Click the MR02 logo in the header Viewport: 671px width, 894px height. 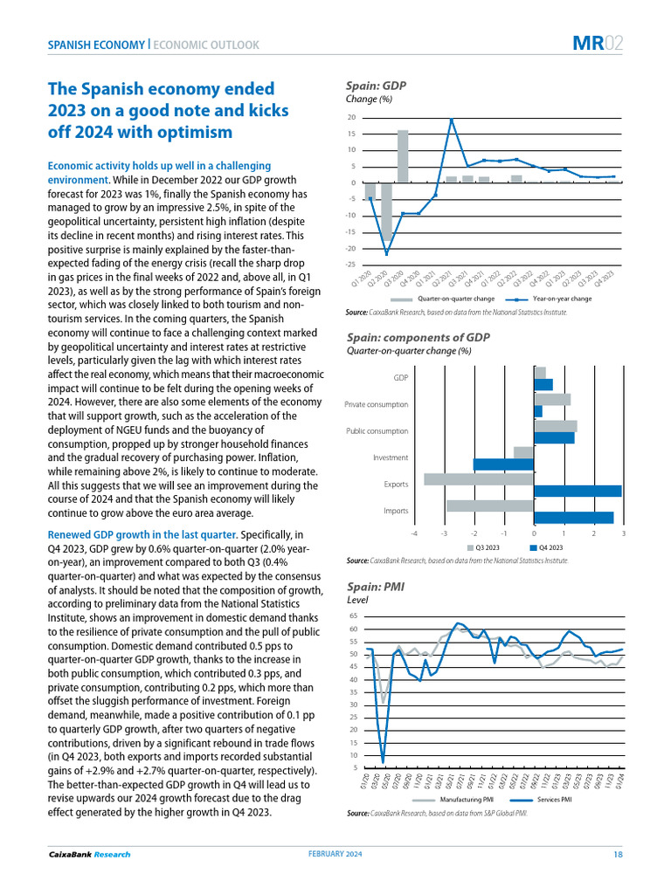pyautogui.click(x=598, y=43)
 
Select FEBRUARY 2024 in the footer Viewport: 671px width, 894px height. pyautogui.click(x=335, y=854)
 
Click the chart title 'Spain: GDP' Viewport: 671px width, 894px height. pyautogui.click(x=377, y=86)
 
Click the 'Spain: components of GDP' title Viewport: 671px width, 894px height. pyautogui.click(x=419, y=337)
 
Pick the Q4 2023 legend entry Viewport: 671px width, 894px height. pyautogui.click(x=550, y=547)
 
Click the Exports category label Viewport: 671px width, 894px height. pyautogui.click(x=395, y=484)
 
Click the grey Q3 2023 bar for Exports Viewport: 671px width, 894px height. pyautogui.click(x=479, y=478)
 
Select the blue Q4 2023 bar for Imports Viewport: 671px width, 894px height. pyautogui.click(x=573, y=518)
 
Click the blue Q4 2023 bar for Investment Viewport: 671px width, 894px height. pyautogui.click(x=503, y=464)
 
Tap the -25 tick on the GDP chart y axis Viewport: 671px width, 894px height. pyautogui.click(x=351, y=265)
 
